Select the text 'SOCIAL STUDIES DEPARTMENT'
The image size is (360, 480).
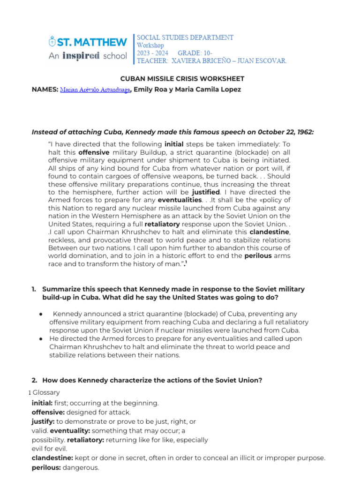185,37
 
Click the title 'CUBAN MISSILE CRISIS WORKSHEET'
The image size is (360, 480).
180,79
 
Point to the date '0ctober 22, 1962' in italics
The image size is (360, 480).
286,132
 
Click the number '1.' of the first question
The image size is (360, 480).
34,290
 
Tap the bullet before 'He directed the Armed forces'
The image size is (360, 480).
42,338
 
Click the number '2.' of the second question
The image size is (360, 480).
34,380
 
